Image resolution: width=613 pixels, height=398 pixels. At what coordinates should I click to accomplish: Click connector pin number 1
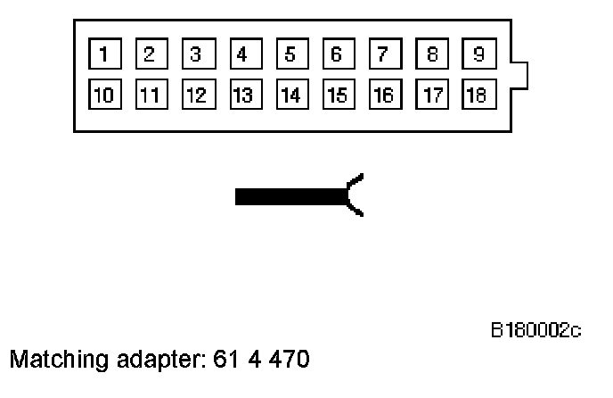103,54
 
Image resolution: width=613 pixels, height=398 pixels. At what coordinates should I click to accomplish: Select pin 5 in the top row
290,54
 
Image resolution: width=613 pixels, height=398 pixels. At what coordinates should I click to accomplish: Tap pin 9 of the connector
478,54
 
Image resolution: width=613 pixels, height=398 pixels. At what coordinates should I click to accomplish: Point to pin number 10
103,94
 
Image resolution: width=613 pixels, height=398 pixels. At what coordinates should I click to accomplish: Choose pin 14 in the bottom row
290,94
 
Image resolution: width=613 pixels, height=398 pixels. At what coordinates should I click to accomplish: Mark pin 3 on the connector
196,54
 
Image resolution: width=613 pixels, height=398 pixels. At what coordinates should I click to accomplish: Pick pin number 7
383,54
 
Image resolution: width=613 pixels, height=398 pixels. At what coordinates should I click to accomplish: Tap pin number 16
383,94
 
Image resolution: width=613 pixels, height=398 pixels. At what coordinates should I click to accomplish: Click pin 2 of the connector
150,54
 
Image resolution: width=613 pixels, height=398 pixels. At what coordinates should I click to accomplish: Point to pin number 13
242,94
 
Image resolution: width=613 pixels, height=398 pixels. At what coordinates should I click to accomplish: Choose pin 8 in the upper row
431,54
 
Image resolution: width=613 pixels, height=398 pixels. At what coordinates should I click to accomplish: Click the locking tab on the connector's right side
519,75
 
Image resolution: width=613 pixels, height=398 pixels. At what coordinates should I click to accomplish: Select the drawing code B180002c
535,331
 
